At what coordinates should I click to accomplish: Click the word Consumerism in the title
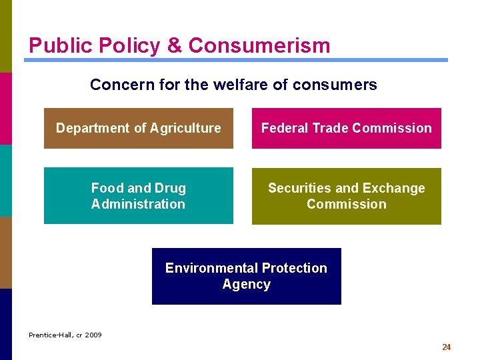(x=259, y=45)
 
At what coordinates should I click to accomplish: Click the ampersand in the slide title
(x=174, y=45)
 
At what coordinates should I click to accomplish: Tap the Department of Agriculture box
(x=139, y=128)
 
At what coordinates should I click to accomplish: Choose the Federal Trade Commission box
(x=346, y=128)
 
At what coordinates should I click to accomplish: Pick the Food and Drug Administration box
(x=139, y=196)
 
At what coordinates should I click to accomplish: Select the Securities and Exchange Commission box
(x=346, y=196)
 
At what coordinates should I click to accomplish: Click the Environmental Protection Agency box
(x=246, y=276)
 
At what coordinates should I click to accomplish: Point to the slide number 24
(x=446, y=347)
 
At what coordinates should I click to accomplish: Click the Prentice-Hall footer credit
(x=65, y=335)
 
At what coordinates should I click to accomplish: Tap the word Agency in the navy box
(x=246, y=284)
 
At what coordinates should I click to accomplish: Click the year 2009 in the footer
(x=94, y=335)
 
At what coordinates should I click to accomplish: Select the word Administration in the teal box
(x=138, y=204)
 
